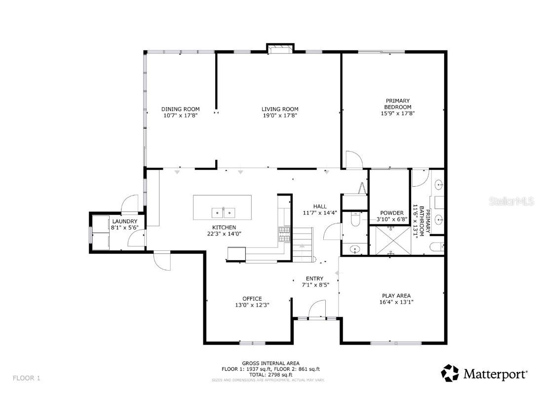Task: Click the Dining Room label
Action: tap(181, 109)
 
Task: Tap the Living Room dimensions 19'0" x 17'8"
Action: tap(280, 115)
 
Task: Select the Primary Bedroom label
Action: tap(397, 104)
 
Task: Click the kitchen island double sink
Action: tap(223, 212)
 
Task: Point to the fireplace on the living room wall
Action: tap(280, 48)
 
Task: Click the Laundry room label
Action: tap(125, 221)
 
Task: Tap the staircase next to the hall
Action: tap(303, 244)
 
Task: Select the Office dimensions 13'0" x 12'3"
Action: tap(252, 305)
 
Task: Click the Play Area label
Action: tap(396, 296)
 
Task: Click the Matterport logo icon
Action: tap(450, 373)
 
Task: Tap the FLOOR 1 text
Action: tap(27, 378)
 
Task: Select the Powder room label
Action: tap(392, 213)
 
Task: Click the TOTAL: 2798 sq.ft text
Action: tap(271, 375)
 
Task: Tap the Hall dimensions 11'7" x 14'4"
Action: tap(320, 212)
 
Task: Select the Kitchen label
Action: tap(224, 227)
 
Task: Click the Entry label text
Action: tap(314, 279)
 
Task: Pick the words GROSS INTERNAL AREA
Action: tap(271, 363)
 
